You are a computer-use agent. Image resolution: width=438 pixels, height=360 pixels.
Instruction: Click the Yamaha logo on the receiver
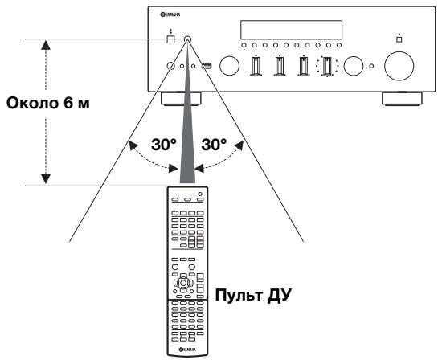(x=170, y=14)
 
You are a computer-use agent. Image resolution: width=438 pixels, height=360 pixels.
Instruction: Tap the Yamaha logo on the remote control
(x=187, y=349)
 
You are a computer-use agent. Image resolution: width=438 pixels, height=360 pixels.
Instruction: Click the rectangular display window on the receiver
(x=292, y=30)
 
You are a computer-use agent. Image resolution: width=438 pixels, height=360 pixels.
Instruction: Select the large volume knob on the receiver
(x=399, y=66)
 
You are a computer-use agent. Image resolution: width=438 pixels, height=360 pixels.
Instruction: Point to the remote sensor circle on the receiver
(x=187, y=39)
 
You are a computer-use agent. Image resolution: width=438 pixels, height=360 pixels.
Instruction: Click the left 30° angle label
(x=164, y=145)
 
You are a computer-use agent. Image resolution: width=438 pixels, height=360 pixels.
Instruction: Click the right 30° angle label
(x=214, y=145)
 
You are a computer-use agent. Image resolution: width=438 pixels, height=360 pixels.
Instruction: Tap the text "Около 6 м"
(x=47, y=103)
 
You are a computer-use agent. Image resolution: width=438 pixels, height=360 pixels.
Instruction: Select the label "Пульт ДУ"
(x=253, y=295)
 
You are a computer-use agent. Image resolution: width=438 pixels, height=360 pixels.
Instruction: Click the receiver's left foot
(x=181, y=99)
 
